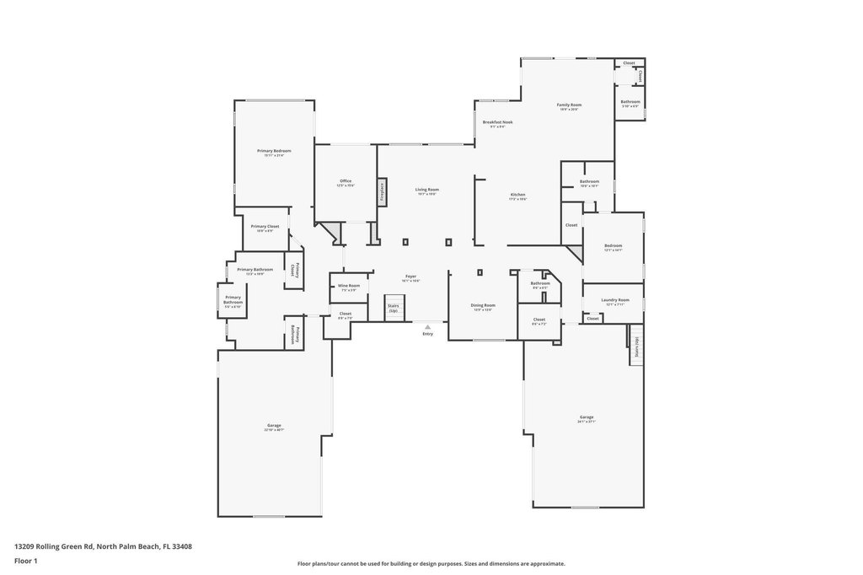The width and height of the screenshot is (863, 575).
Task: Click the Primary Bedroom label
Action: tap(274, 151)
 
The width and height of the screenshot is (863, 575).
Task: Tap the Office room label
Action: tap(346, 181)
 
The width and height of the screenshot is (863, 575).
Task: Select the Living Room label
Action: tap(427, 190)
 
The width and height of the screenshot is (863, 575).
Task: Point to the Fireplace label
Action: tap(382, 189)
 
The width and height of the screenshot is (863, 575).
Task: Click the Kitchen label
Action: tap(517, 196)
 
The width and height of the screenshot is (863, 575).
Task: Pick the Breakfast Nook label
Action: tap(497, 122)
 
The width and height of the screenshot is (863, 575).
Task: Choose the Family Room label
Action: tap(569, 105)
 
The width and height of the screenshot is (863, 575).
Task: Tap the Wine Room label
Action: tap(349, 286)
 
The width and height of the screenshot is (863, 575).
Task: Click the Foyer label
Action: tap(410, 277)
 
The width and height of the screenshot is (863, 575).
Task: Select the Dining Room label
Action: tap(483, 305)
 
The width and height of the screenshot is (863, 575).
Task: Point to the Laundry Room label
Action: tap(615, 300)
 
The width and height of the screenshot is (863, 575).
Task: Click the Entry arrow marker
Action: tap(427, 326)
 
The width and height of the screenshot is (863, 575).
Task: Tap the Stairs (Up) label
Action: tap(393, 308)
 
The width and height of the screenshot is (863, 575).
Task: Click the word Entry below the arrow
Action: tap(427, 334)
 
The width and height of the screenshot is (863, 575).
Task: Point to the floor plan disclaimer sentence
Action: tap(431, 563)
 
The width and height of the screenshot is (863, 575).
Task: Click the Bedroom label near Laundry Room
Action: tap(613, 246)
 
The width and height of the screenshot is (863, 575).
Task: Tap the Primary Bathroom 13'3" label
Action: tap(255, 270)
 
